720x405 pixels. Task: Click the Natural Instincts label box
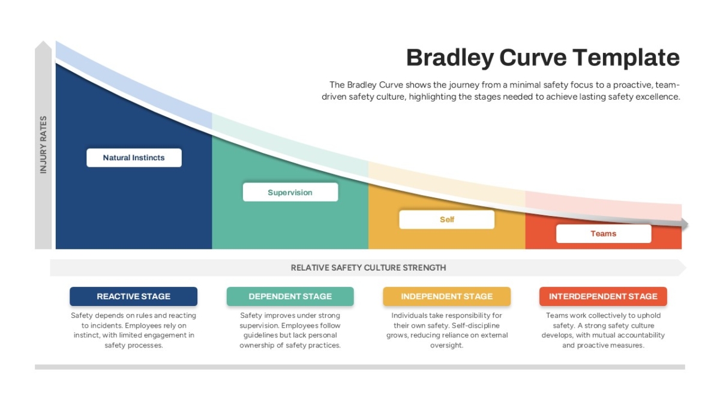pos(134,157)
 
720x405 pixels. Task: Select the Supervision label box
pos(290,192)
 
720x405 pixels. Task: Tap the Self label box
pos(447,220)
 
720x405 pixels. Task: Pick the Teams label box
pos(604,233)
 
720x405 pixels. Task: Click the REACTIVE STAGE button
pos(133,296)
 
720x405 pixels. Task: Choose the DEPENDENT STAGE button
pos(290,296)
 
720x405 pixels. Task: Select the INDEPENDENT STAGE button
pos(447,296)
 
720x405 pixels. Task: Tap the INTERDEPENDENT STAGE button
pos(604,296)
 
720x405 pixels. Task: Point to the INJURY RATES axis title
pos(43,145)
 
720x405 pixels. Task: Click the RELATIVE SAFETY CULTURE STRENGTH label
pos(368,268)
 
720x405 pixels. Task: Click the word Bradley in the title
pos(450,58)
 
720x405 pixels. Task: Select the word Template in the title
pos(626,58)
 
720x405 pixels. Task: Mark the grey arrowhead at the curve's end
pos(685,224)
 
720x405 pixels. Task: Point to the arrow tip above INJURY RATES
pos(43,41)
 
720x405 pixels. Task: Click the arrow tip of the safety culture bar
pos(686,268)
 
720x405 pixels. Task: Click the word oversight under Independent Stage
pos(447,346)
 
